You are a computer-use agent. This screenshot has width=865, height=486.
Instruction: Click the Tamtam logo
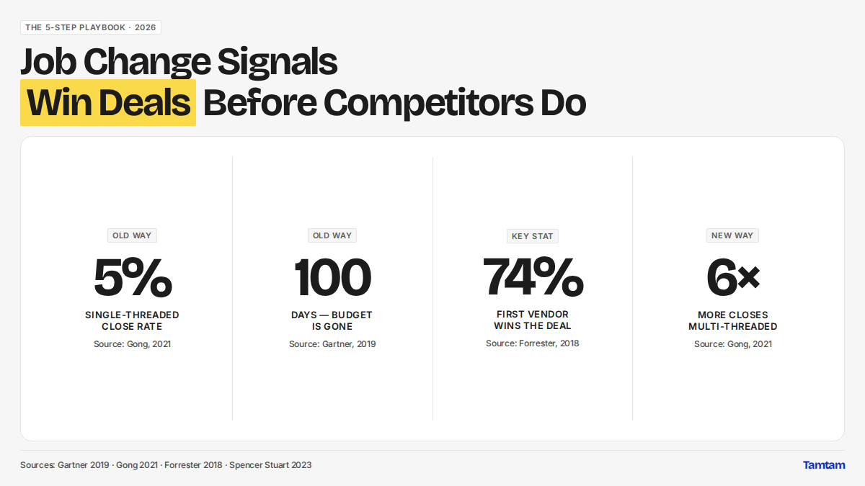pos(824,465)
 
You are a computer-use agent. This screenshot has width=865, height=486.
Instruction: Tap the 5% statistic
pos(133,277)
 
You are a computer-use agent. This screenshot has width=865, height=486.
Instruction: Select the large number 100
pos(332,277)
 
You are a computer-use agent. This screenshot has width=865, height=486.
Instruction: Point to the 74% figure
pos(533,276)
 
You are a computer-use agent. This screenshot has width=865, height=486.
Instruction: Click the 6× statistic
pos(732,277)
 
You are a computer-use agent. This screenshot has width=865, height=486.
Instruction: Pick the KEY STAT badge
pos(533,236)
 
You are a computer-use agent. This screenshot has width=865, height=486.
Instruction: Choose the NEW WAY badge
pos(732,235)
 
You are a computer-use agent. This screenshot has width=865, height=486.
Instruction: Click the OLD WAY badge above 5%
pos(132,235)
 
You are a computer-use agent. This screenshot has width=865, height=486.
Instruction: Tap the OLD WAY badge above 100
pos(332,235)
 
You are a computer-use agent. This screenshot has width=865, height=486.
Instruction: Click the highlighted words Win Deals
pos(108,102)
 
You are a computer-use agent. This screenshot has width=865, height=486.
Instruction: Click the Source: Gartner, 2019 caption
pos(332,343)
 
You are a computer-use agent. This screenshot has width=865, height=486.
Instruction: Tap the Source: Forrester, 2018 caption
pos(533,343)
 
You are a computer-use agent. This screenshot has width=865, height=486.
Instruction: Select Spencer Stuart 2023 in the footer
pos(270,465)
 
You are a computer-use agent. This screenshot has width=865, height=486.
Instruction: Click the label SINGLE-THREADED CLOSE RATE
pos(132,320)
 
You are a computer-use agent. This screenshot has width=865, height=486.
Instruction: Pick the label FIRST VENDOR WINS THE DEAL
pos(533,320)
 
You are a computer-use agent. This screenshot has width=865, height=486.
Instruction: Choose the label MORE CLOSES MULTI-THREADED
pos(732,320)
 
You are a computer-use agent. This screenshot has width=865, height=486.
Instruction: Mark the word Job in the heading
pos(48,62)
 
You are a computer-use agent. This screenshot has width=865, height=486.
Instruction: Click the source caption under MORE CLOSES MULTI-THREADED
pos(732,343)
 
